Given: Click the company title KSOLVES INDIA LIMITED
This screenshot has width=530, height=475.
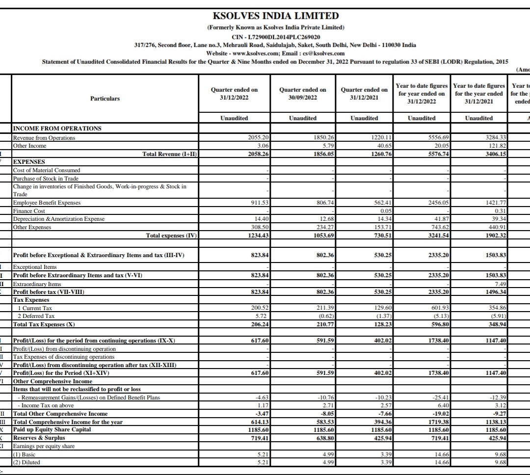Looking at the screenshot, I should (276, 16).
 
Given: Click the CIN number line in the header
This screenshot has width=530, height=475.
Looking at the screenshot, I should (276, 37).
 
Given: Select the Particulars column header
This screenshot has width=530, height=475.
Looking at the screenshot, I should (105, 98).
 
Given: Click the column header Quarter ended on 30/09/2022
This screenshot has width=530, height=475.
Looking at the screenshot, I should (302, 94).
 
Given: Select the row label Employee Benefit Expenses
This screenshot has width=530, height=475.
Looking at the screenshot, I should (47, 203).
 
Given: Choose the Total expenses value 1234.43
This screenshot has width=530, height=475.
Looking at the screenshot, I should (257, 236).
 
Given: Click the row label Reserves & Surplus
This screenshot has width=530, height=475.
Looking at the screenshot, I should (39, 438).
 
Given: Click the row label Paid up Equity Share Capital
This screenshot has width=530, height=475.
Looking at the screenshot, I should (52, 429).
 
